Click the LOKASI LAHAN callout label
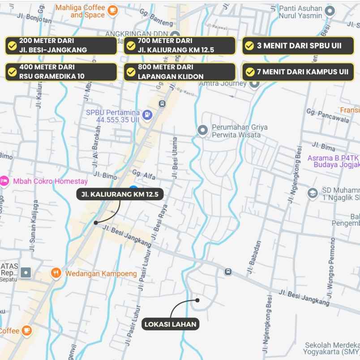[x=171, y=324]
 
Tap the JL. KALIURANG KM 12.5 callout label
[x=120, y=194]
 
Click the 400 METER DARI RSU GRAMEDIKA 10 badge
[x=61, y=72]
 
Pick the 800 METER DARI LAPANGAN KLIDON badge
[x=179, y=72]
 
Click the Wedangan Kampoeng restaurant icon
[x=56, y=273]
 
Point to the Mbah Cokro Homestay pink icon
[x=4, y=181]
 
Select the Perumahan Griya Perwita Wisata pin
[x=202, y=130]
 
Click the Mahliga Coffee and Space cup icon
[x=112, y=10]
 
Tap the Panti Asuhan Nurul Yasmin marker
[x=330, y=12]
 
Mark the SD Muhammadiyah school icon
[x=313, y=193]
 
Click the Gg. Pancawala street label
[x=328, y=115]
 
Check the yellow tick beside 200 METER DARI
[x=13, y=46]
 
